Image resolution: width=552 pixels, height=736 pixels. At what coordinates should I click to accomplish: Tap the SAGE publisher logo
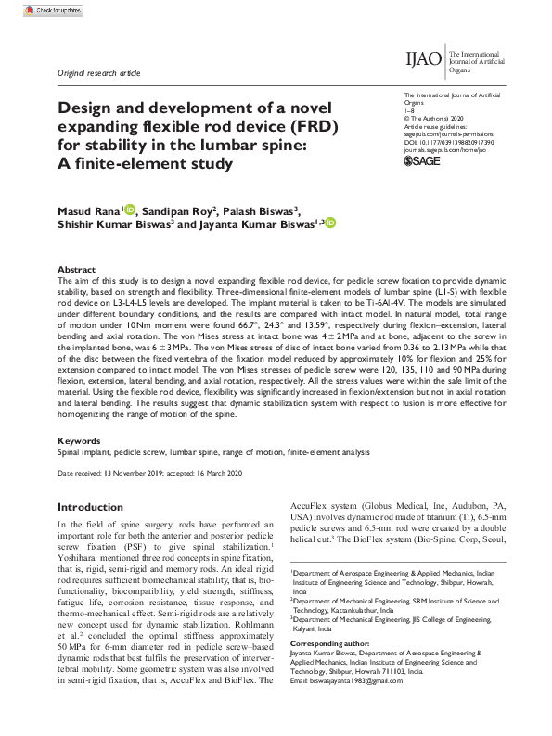coord(424,161)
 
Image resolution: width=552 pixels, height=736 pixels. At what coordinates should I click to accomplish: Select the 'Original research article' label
coord(99,72)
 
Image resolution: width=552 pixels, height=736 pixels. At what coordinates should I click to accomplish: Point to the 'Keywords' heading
coord(79,440)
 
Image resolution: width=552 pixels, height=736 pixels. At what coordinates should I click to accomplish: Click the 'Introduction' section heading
coord(96,508)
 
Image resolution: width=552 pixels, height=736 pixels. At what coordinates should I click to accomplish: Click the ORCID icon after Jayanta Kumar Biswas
coord(330,223)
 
